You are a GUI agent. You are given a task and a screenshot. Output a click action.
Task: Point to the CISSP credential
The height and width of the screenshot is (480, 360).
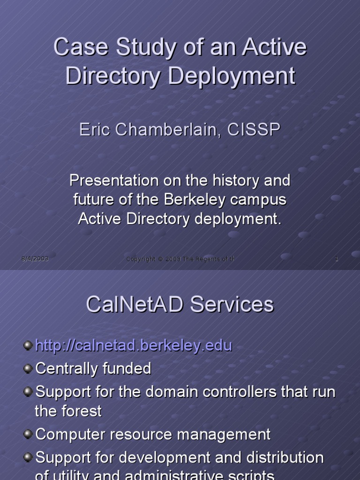tap(254, 130)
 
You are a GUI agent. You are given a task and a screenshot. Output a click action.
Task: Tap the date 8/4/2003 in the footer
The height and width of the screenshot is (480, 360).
tap(35, 259)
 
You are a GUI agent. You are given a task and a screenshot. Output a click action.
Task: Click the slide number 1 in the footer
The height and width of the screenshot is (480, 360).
tap(337, 259)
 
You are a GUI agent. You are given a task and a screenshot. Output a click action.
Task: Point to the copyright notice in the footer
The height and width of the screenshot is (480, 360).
tap(180, 259)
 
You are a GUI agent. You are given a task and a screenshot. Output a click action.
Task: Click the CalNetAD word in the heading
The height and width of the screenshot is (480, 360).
tap(135, 304)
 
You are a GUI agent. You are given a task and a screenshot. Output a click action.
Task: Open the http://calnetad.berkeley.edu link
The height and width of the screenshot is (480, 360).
tap(134, 346)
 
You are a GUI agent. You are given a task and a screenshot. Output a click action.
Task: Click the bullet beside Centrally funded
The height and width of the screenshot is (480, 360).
tap(28, 369)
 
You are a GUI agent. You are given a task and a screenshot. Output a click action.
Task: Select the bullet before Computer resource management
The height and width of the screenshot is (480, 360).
tap(28, 435)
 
